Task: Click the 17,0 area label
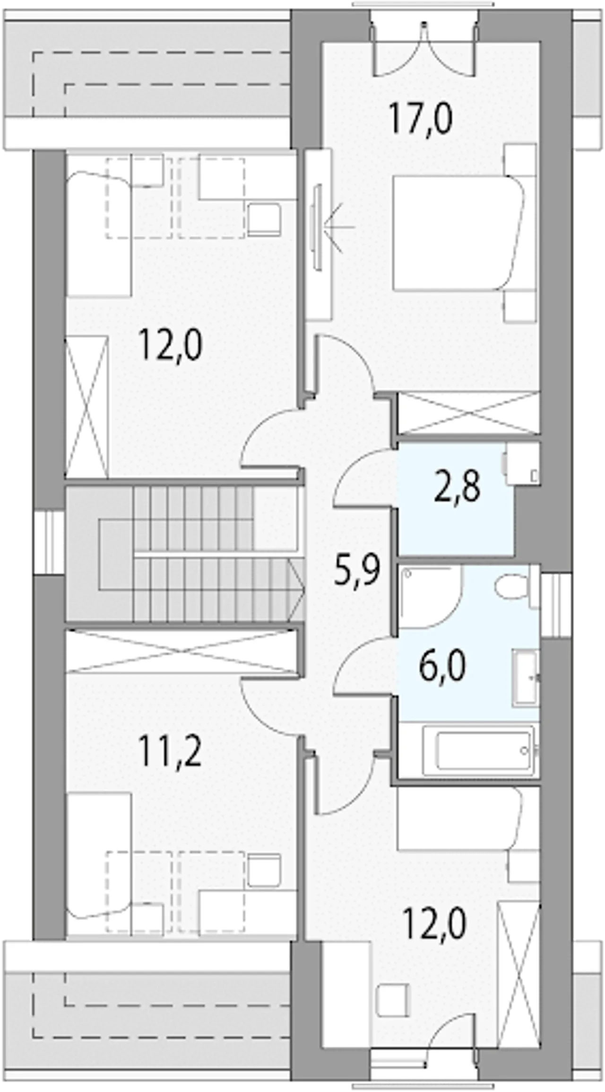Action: pyautogui.click(x=421, y=121)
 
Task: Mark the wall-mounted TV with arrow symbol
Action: pyautogui.click(x=318, y=228)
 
